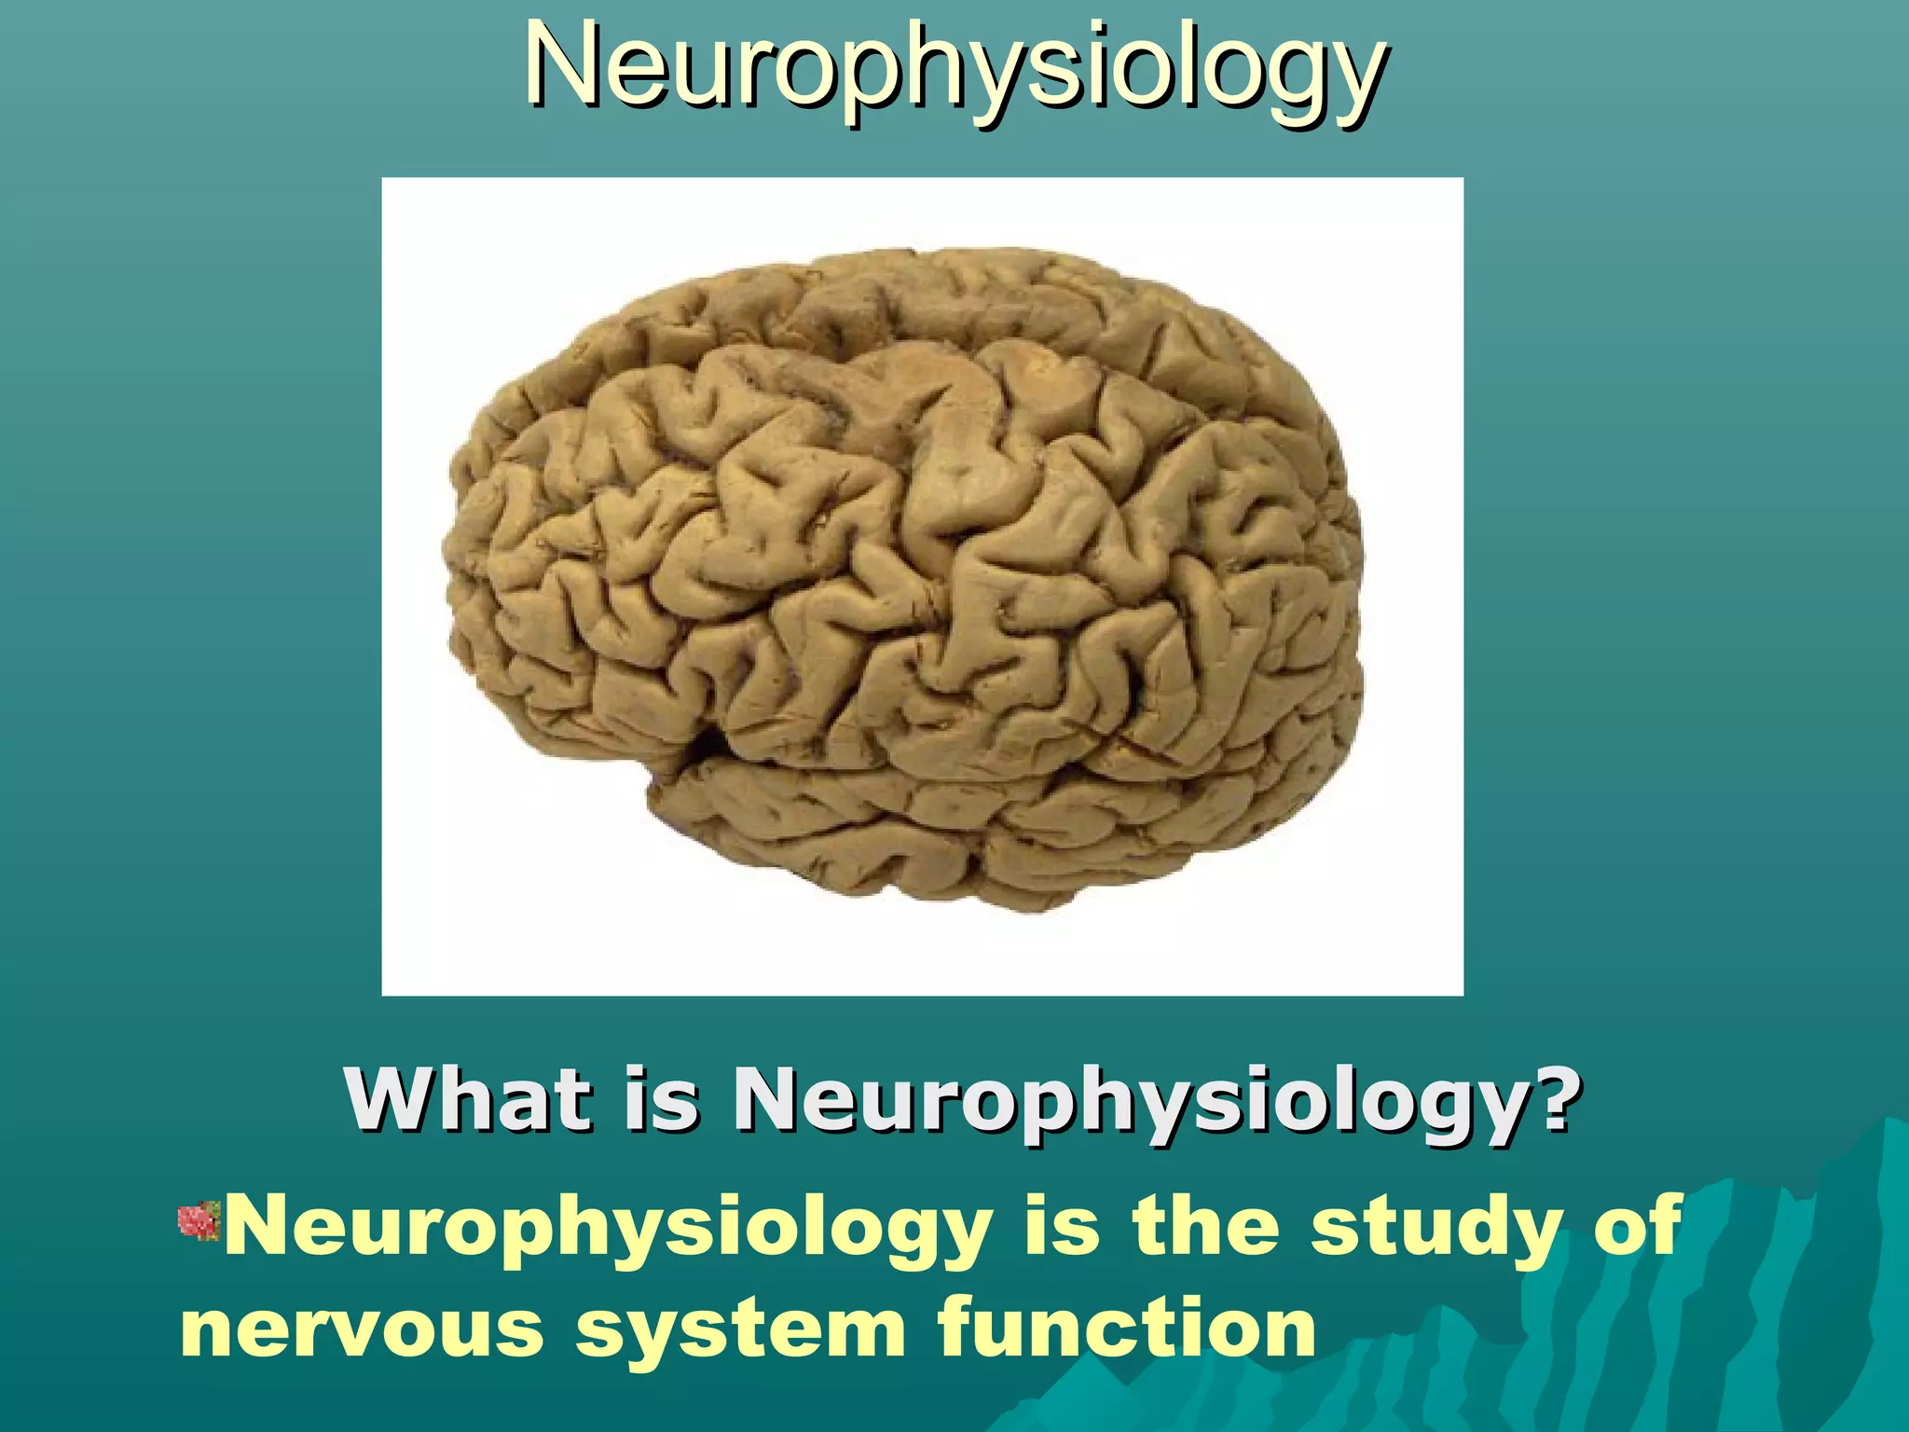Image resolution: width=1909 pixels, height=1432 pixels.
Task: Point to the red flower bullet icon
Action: (x=198, y=1222)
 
